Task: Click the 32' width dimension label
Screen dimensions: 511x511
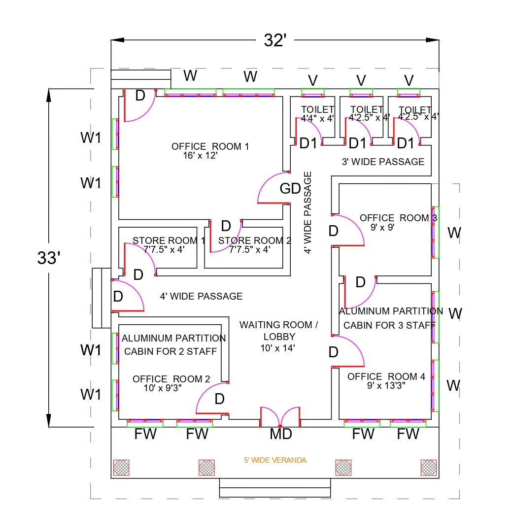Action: pos(275,40)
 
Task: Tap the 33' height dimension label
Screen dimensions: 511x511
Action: pos(48,258)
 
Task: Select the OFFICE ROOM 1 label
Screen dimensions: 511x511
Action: pos(210,146)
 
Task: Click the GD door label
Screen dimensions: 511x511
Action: pos(290,189)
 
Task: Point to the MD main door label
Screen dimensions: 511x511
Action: pos(281,434)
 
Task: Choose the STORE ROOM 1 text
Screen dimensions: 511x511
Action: pos(169,240)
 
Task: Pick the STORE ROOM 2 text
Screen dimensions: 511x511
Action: pos(255,240)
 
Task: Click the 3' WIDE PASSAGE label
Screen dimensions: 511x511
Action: pos(383,162)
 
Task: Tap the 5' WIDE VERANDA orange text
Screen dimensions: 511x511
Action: pos(275,460)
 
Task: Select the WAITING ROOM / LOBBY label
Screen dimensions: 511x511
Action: pos(279,331)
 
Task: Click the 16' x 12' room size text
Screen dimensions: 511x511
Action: pos(200,155)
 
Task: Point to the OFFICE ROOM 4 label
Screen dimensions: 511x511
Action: pos(386,376)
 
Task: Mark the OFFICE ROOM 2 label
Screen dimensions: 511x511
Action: pos(171,379)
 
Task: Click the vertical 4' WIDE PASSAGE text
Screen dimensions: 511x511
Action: pos(308,212)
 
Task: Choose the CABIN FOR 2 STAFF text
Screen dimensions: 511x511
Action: pos(170,351)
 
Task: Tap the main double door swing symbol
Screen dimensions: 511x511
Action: pos(280,417)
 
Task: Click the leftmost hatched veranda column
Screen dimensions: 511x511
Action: pos(121,467)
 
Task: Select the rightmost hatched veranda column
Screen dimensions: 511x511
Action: pos(428,467)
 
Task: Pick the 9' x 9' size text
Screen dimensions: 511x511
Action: pos(382,227)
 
